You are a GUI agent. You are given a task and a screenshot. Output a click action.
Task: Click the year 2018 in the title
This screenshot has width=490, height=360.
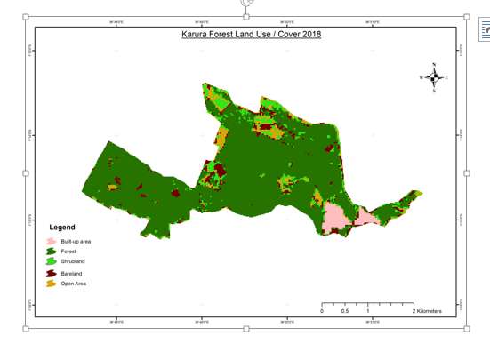[x=310, y=34]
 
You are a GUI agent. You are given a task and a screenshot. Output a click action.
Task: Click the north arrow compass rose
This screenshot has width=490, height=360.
[x=434, y=78]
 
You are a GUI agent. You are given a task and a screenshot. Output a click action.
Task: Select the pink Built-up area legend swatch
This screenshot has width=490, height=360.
[x=52, y=241]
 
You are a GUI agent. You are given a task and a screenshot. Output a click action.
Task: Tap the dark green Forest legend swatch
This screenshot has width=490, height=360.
[x=52, y=252]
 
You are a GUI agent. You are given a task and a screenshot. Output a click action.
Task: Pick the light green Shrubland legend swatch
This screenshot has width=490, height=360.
[x=52, y=262]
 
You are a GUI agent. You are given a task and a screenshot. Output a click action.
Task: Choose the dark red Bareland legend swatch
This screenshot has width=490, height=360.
[x=52, y=275]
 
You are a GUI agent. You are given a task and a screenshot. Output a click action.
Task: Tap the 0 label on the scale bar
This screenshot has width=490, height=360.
[x=322, y=311]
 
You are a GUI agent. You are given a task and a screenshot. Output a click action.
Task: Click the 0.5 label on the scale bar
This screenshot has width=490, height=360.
[x=345, y=311]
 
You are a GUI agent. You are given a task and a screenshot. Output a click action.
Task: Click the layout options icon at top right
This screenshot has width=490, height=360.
[x=485, y=29]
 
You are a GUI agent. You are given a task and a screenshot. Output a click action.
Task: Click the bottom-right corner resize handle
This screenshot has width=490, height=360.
[x=469, y=328]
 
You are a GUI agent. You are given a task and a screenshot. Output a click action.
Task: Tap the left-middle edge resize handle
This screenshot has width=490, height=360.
[x=25, y=173]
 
